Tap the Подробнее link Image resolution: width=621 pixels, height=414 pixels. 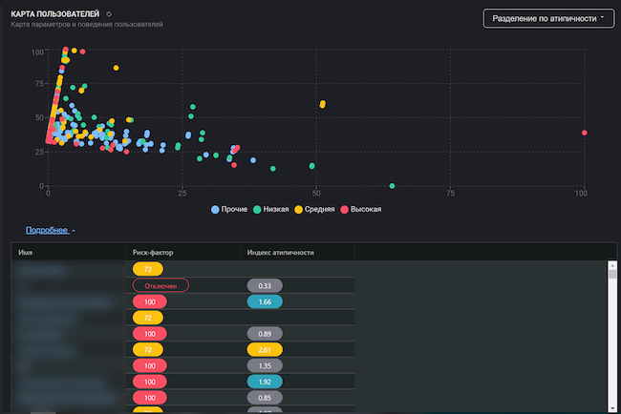(47, 230)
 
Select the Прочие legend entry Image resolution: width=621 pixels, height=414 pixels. (229, 209)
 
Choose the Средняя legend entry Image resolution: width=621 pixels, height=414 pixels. (320, 209)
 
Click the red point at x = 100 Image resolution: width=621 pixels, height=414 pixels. (584, 133)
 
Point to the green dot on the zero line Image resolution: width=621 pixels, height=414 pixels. (392, 185)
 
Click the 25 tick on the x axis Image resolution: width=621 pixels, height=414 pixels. (182, 194)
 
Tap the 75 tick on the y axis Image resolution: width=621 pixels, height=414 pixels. (38, 84)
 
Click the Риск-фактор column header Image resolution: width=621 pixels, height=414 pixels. (153, 252)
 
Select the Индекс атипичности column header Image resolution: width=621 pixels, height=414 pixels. (281, 252)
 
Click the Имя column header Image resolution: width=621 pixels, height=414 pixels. (26, 252)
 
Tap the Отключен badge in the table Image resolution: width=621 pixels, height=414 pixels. (161, 285)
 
